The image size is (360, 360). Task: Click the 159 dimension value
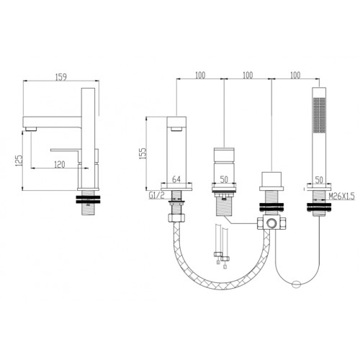pyautogui.click(x=61, y=77)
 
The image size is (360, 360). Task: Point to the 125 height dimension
pyautogui.click(x=19, y=161)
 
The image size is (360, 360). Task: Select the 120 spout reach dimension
pyautogui.click(x=60, y=165)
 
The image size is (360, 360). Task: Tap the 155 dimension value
pyautogui.click(x=143, y=153)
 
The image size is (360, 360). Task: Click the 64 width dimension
pyautogui.click(x=176, y=179)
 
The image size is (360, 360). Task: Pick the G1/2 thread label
pyautogui.click(x=156, y=196)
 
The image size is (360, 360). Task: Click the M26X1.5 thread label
pyautogui.click(x=341, y=197)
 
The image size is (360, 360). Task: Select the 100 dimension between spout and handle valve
pyautogui.click(x=200, y=75)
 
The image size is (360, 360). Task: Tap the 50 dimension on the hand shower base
pyautogui.click(x=319, y=180)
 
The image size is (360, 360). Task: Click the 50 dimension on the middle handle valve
pyautogui.click(x=224, y=179)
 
